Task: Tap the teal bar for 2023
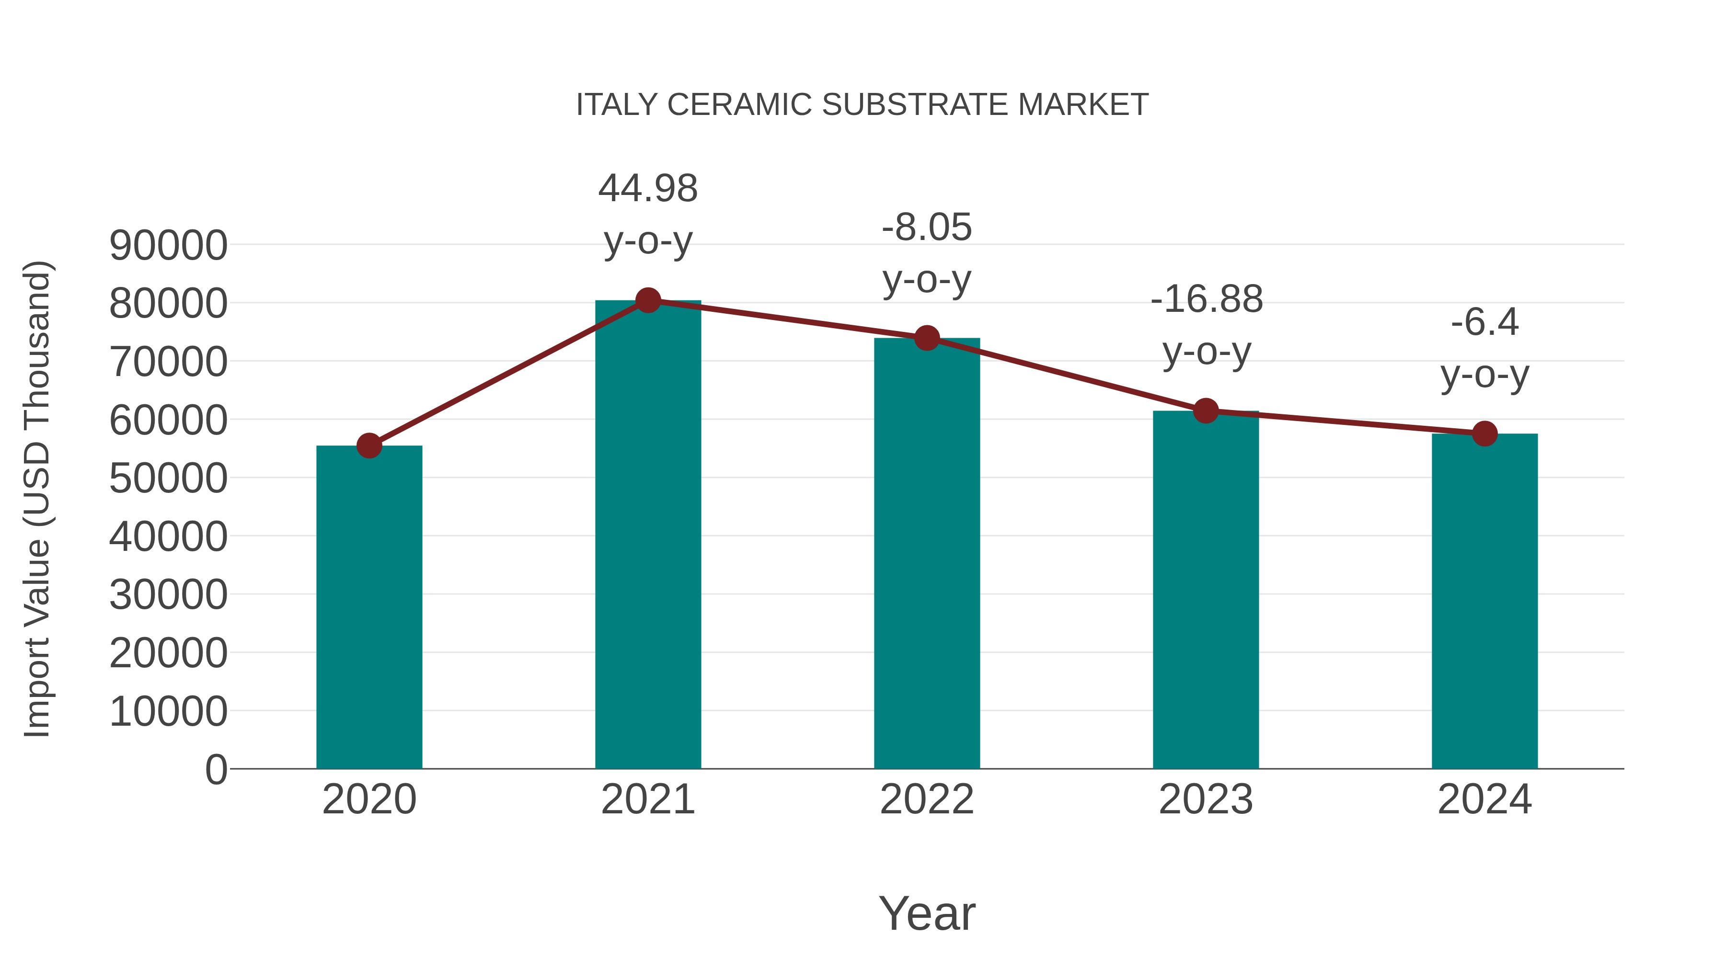tap(1206, 589)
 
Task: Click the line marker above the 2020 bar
tap(369, 445)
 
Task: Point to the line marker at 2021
tap(647, 300)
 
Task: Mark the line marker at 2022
tap(927, 339)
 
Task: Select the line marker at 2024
tap(1484, 434)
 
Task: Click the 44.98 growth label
tap(647, 188)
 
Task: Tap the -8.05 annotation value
tap(927, 227)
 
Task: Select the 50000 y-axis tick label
tap(168, 478)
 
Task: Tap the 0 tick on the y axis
tap(216, 769)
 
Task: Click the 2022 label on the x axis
tap(927, 799)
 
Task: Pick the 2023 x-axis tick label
tap(1206, 799)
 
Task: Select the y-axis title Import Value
tap(37, 499)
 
